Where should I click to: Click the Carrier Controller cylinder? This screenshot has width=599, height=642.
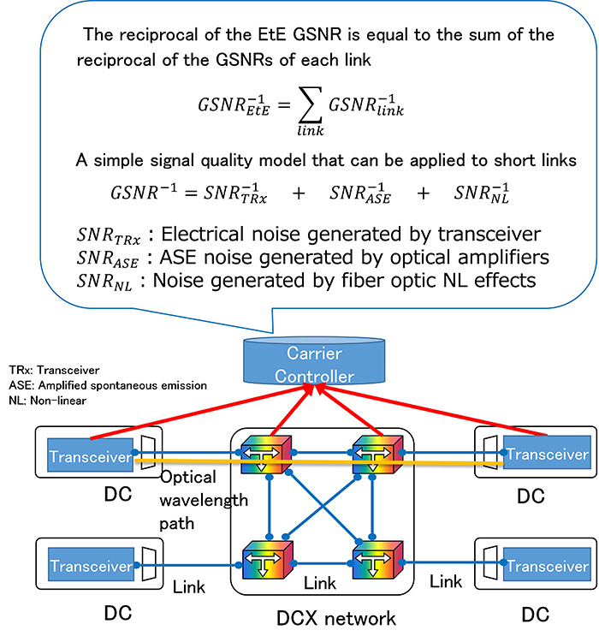(315, 365)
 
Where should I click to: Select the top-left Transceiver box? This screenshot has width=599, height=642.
(88, 456)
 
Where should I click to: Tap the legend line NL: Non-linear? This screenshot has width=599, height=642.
(42, 399)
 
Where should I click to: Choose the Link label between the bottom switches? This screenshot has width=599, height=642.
(321, 582)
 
